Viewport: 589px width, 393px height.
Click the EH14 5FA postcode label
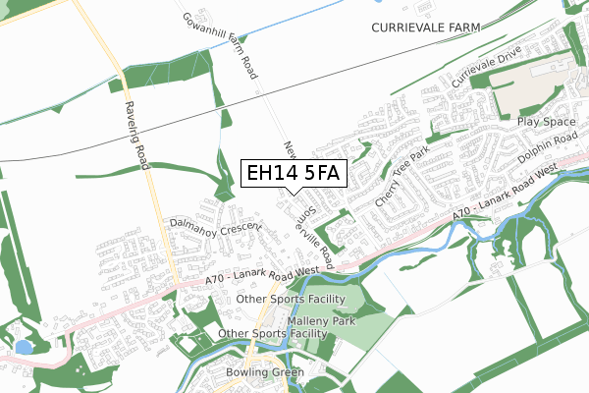coord(294,174)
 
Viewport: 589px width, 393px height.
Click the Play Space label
coord(547,122)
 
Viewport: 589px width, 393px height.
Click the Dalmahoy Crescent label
coord(215,226)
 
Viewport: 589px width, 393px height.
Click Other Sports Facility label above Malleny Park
coord(292,299)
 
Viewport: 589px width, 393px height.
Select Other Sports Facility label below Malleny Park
coord(272,334)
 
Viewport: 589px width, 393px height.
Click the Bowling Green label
coord(265,372)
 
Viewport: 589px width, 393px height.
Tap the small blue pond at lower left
coord(24,347)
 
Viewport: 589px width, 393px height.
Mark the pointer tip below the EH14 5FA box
coord(294,194)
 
